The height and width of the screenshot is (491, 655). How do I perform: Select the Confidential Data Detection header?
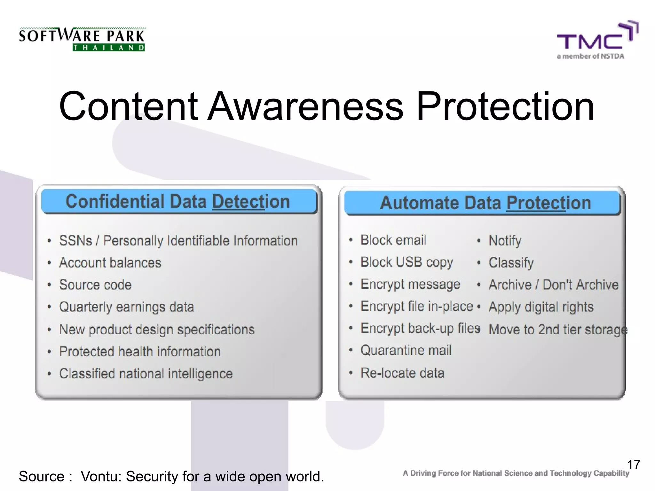(x=178, y=202)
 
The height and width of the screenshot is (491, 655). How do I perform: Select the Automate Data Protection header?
(x=485, y=203)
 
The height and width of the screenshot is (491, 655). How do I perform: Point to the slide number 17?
(x=633, y=464)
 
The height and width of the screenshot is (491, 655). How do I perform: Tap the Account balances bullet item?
(x=110, y=263)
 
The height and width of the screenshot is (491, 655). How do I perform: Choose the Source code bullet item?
(x=95, y=285)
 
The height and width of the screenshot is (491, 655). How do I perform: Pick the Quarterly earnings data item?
(x=126, y=307)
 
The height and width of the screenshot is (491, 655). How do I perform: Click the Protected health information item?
(x=140, y=352)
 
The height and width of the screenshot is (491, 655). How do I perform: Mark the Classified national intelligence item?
(x=146, y=374)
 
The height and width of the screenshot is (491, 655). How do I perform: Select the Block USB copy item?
(x=406, y=262)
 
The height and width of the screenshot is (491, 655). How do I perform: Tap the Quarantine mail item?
(x=406, y=350)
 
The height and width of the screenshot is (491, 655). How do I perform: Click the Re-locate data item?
(x=402, y=373)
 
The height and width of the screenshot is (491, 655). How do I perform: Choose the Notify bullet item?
(x=505, y=241)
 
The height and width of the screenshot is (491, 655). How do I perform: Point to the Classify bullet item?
(x=511, y=263)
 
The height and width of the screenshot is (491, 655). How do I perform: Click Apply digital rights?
(x=541, y=307)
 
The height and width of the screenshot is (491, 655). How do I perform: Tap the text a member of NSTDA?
(x=590, y=56)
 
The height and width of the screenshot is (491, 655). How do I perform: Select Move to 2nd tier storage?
(x=558, y=330)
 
